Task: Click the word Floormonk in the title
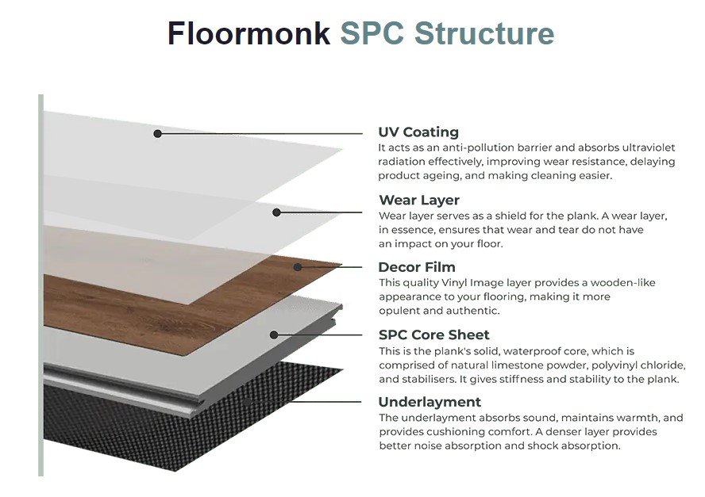coord(248,33)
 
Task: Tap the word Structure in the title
coord(484,33)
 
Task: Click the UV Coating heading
coord(418,132)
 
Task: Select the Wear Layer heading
coord(419,200)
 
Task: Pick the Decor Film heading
coord(417,267)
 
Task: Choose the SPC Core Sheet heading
coord(434,335)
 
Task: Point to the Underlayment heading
coord(430,402)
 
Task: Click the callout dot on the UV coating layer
coord(157,134)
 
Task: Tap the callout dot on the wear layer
coord(276,212)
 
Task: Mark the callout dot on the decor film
coord(298,267)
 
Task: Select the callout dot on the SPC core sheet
coord(274,335)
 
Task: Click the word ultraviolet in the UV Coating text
coord(649,147)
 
